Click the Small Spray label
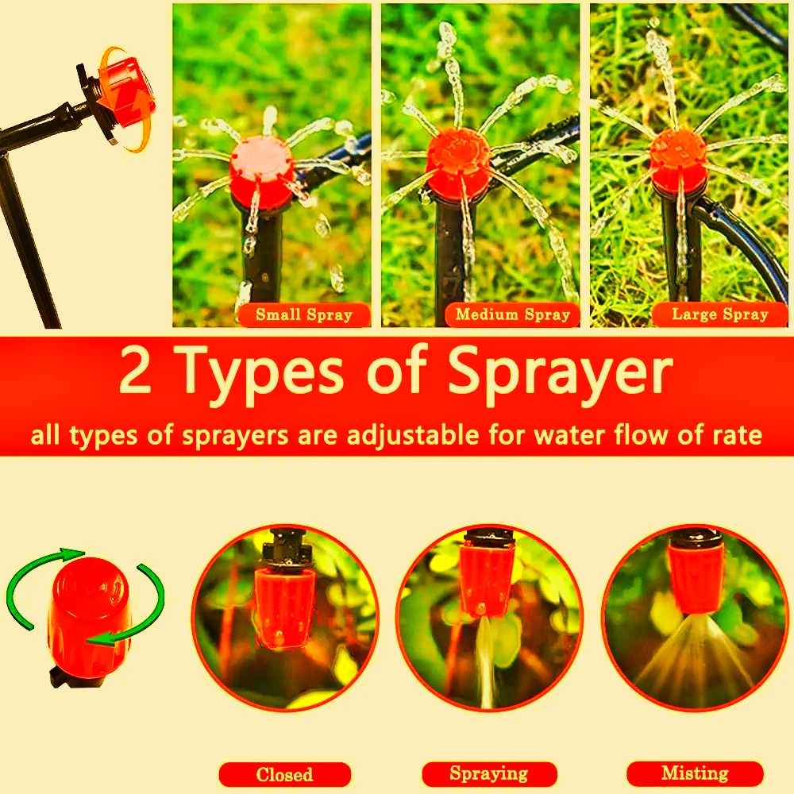coord(304,314)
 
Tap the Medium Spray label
coord(512,314)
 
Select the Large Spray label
coord(719,314)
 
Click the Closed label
coord(284,774)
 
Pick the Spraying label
coord(489,773)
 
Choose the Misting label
coord(695,773)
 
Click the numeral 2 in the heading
coord(135,370)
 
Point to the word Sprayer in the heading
coord(560,376)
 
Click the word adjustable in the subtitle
coord(413,435)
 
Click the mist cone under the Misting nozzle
coord(695,653)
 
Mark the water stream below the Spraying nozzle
coord(485,661)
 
